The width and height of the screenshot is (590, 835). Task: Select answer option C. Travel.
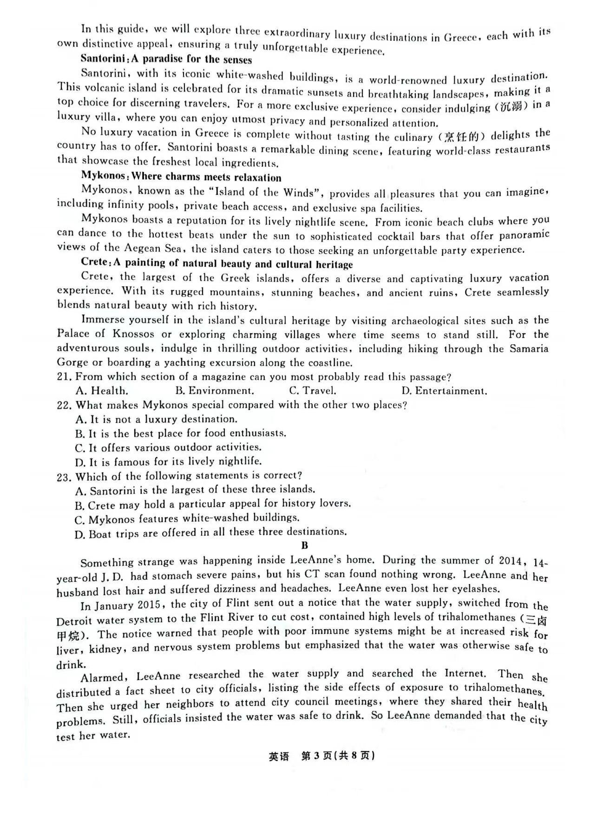(x=312, y=391)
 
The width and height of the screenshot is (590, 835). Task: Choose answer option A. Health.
(x=102, y=391)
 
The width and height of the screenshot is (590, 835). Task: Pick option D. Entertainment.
(x=444, y=391)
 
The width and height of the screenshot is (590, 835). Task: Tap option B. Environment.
(x=215, y=391)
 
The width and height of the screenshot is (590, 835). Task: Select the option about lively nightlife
(x=169, y=462)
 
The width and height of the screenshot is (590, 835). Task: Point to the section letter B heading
(x=305, y=545)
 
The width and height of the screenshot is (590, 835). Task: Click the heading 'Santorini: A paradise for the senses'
(x=166, y=59)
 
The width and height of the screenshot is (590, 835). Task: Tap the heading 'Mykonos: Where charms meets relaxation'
(x=181, y=177)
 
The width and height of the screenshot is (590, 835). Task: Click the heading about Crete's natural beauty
(x=216, y=263)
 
